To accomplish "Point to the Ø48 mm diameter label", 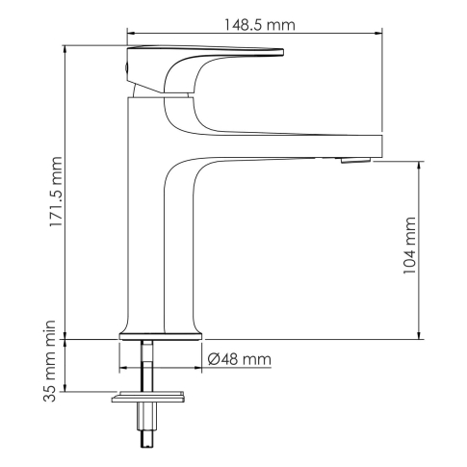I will pyautogui.click(x=239, y=359).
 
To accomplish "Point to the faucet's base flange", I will pyautogui.click(x=161, y=335).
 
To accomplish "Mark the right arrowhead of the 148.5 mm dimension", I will pyautogui.click(x=379, y=31).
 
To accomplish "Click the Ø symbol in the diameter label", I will pyautogui.click(x=214, y=359).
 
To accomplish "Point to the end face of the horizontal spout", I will pyautogui.click(x=381, y=145).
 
